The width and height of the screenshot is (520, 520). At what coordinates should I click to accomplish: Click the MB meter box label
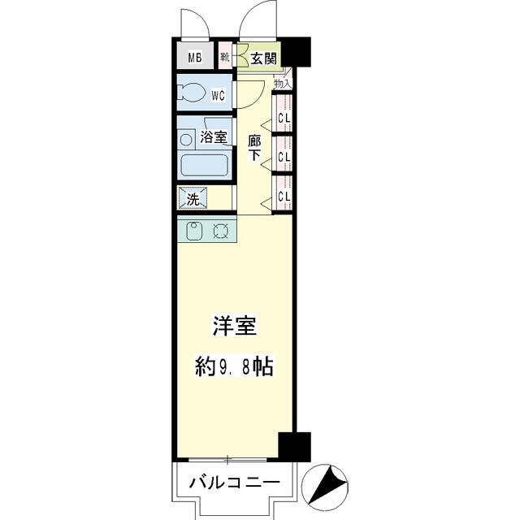pyautogui.click(x=195, y=57)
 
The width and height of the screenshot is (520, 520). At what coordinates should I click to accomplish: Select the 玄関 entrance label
pyautogui.click(x=262, y=58)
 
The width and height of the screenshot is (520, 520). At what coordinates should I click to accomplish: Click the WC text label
pyautogui.click(x=218, y=95)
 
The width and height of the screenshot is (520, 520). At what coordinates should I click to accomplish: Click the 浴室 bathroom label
pyautogui.click(x=214, y=138)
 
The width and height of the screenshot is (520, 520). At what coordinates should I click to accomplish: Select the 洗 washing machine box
pyautogui.click(x=193, y=198)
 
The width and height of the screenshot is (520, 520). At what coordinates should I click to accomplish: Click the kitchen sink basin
pyautogui.click(x=195, y=231)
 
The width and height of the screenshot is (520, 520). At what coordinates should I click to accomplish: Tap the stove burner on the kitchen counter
pyautogui.click(x=222, y=231)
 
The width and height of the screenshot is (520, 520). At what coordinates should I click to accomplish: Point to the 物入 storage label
pyautogui.click(x=282, y=83)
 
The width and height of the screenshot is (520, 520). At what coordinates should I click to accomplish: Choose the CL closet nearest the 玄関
pyautogui.click(x=284, y=117)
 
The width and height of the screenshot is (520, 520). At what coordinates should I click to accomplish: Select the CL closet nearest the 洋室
pyautogui.click(x=284, y=196)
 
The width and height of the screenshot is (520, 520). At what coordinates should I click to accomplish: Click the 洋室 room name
pyautogui.click(x=235, y=327)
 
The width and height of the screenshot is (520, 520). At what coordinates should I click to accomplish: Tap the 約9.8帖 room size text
pyautogui.click(x=234, y=366)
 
